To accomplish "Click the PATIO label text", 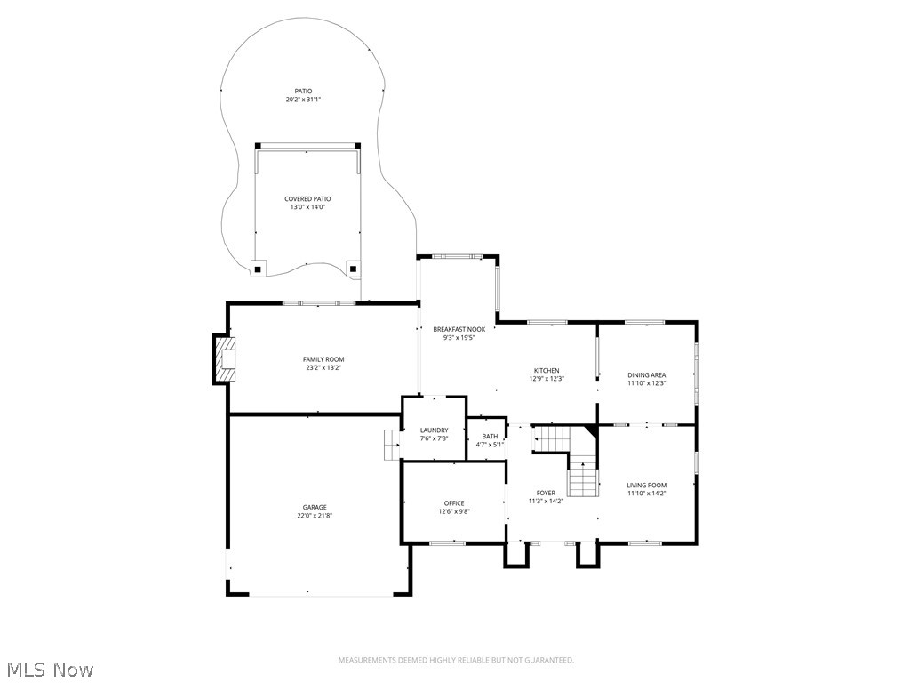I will (303, 91).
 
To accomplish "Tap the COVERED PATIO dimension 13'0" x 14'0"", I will (307, 207).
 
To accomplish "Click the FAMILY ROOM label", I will (323, 359).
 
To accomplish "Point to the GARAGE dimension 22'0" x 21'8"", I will (315, 516).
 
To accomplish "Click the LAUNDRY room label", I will (434, 430).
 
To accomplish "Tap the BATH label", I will (490, 436).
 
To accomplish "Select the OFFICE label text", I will (454, 503).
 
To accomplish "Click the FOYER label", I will (546, 493).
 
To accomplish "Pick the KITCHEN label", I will (547, 371).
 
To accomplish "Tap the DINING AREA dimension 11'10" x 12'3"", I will (646, 383).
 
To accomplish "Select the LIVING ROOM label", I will (646, 486).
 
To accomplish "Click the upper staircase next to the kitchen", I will (551, 438).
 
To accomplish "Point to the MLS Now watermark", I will (50, 669).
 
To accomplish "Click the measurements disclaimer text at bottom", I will (456, 660).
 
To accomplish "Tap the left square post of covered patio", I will (258, 267).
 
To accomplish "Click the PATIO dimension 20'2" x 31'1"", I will (303, 100).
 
